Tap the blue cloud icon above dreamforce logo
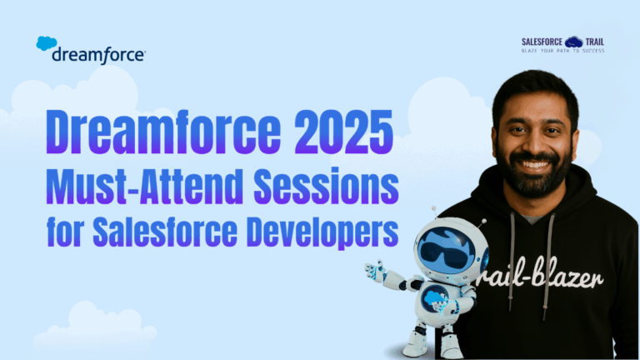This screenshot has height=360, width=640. tap(47, 43)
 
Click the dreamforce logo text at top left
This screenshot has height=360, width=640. tap(98, 55)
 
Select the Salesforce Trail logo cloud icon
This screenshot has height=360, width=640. tap(573, 41)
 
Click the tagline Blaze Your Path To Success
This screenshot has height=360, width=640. tap(562, 51)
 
